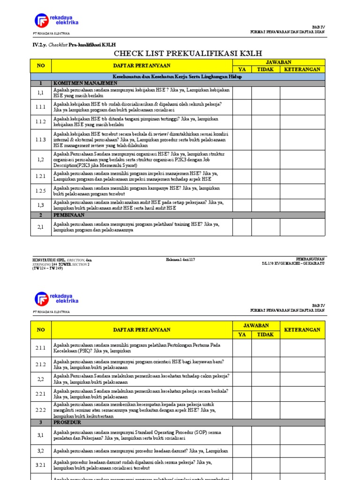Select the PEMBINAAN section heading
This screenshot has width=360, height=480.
[68, 215]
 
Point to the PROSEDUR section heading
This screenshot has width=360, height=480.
[67, 422]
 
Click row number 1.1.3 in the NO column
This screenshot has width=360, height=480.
[41, 140]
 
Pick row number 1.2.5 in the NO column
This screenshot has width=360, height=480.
[41, 191]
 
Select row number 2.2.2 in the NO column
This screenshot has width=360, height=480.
[41, 410]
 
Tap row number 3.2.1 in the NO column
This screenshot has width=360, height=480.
[41, 465]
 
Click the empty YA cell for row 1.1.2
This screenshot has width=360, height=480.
[242, 122]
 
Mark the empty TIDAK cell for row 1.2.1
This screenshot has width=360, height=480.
[265, 176]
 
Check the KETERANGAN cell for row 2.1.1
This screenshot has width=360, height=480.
[302, 348]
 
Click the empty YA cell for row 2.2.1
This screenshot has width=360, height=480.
[242, 394]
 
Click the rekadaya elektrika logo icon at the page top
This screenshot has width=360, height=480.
[41, 21]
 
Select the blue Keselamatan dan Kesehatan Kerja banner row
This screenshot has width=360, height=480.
[178, 76]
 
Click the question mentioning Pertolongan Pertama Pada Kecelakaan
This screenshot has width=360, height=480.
[136, 348]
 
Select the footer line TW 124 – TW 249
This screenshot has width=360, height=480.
[47, 268]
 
